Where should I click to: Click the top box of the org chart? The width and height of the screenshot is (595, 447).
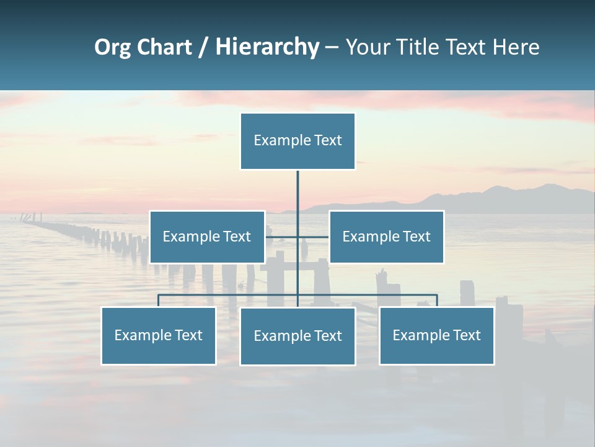297,141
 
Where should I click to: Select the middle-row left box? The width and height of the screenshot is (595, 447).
207,237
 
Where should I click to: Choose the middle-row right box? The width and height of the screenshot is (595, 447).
386,237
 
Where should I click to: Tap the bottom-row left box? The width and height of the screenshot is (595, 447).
159,335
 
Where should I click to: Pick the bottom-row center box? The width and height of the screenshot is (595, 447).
297,336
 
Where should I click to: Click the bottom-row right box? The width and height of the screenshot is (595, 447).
436,335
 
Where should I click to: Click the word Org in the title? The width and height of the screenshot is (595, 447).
112,47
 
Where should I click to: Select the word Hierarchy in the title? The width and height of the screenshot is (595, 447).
267,47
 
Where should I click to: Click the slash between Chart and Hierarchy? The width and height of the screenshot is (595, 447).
203,47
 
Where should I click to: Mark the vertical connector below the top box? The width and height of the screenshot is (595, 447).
297,192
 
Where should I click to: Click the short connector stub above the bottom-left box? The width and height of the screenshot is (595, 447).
159,300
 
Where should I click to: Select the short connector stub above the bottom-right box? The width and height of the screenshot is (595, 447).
436,300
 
